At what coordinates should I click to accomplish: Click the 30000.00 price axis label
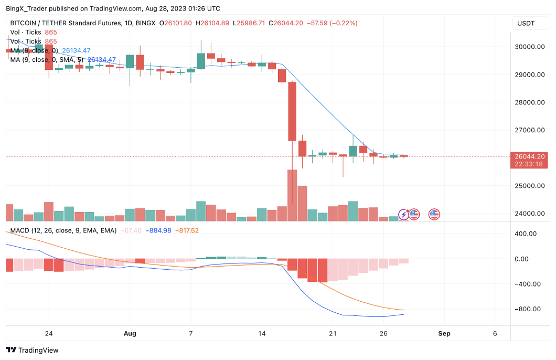[x=529, y=47]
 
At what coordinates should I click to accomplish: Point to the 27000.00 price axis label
[x=529, y=130]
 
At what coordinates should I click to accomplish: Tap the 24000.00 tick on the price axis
[x=529, y=214]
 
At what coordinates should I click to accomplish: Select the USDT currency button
[x=526, y=23]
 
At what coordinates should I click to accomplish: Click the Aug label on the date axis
[x=130, y=333]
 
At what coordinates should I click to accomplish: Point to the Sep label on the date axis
[x=444, y=333]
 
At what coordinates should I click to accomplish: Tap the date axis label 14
[x=262, y=333]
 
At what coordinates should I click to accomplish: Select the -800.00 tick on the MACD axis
[x=528, y=309]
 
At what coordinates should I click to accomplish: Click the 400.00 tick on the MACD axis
[x=528, y=234]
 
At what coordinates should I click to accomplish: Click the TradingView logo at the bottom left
[x=33, y=350]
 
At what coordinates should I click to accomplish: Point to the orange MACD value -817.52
[x=187, y=230]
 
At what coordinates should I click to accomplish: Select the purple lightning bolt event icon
[x=404, y=214]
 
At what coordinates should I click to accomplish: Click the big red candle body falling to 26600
[x=292, y=111]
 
